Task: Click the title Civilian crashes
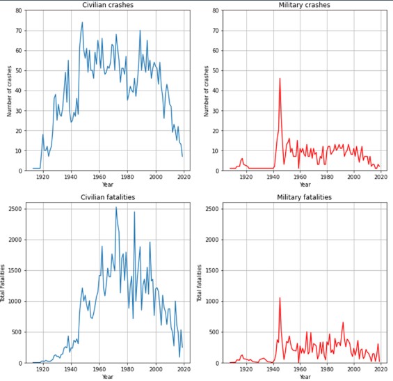pos(99,6)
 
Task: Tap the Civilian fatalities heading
pos(99,198)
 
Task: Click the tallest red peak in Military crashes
pos(280,78)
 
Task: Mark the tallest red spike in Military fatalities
pos(280,297)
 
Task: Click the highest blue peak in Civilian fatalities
pos(116,207)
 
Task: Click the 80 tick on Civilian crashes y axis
pos(17,11)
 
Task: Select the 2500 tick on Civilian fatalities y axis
pos(13,208)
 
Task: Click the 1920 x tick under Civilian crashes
pos(42,177)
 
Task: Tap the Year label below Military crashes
pos(305,185)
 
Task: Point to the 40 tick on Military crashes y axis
pos(218,91)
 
